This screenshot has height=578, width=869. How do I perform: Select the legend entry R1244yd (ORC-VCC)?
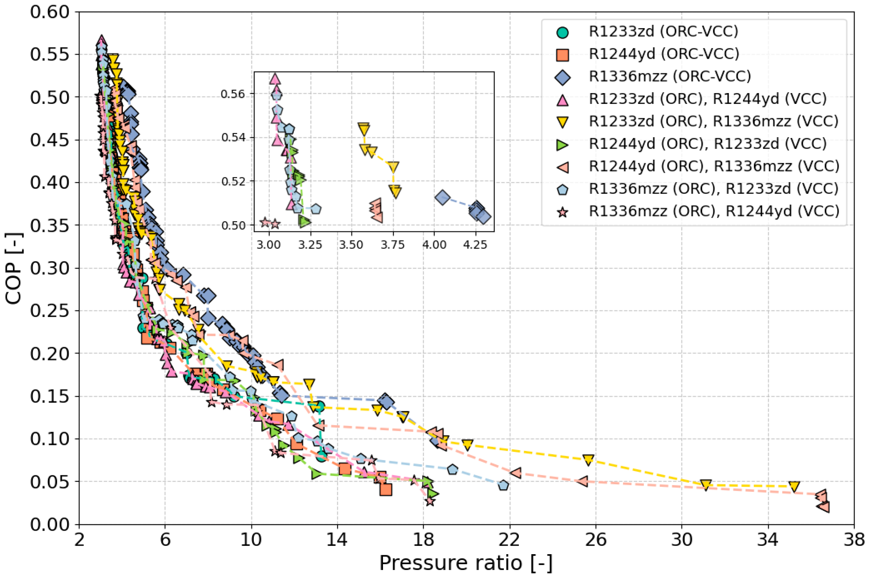point(663,54)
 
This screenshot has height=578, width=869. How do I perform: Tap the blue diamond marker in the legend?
point(563,77)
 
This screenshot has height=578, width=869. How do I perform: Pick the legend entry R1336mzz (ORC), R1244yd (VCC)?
point(714,211)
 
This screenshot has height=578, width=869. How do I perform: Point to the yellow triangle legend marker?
point(563,122)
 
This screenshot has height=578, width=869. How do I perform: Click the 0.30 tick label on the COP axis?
point(50,268)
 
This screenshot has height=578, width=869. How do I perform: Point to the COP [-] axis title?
point(14,268)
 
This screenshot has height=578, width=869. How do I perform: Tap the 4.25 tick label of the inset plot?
point(475,244)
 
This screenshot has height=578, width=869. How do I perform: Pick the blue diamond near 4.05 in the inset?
point(442,198)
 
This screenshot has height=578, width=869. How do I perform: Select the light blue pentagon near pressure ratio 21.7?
point(503,486)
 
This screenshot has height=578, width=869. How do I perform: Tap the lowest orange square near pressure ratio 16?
point(386,490)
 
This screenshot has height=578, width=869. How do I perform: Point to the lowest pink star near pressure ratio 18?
point(429,501)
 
